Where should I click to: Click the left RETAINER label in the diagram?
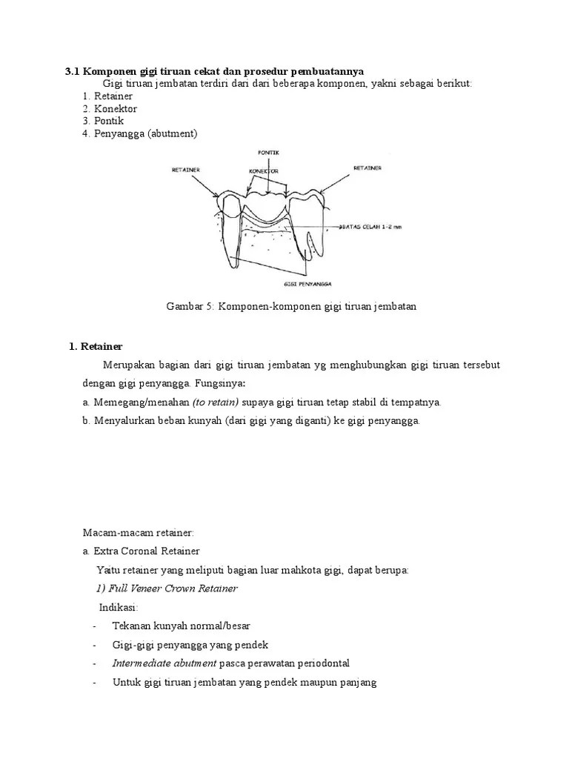pyautogui.click(x=185, y=170)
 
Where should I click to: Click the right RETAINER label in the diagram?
pyautogui.click(x=367, y=168)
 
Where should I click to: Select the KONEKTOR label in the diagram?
pyautogui.click(x=264, y=170)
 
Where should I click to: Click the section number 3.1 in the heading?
pyautogui.click(x=72, y=71)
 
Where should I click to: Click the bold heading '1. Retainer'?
pyautogui.click(x=96, y=346)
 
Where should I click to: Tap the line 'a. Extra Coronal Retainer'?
pyautogui.click(x=141, y=551)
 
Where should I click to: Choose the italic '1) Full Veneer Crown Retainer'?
pyautogui.click(x=167, y=589)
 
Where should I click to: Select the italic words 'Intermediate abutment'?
pyautogui.click(x=164, y=663)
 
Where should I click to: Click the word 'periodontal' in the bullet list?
pyautogui.click(x=322, y=663)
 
